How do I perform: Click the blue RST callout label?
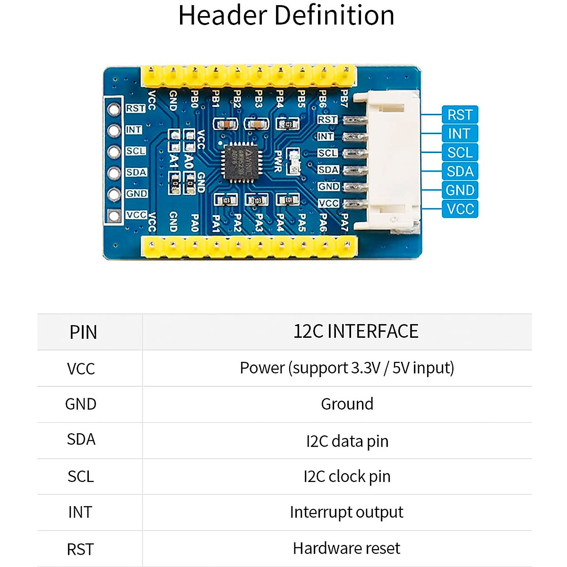pos(460,115)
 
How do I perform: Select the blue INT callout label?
pos(460,134)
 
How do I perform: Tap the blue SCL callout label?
pos(460,153)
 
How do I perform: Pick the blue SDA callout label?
pos(460,171)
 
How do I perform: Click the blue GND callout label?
pos(460,190)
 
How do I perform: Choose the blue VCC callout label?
pos(460,209)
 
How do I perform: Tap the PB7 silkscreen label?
pos(344,99)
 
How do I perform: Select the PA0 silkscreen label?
pos(194,223)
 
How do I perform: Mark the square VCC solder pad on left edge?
pos(114,215)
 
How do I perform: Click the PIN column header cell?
pos(83,332)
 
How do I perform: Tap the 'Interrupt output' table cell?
pos(346,512)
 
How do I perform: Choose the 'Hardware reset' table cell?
pos(346,548)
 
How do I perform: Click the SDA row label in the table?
pos(81,439)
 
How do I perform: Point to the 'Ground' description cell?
pos(347,404)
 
